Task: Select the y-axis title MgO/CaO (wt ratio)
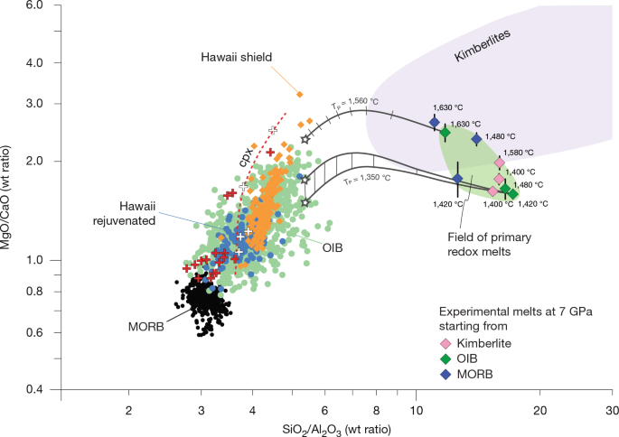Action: click(11, 198)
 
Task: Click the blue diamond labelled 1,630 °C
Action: click(434, 122)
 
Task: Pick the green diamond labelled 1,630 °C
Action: click(445, 133)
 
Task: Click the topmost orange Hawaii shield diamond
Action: click(300, 94)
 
